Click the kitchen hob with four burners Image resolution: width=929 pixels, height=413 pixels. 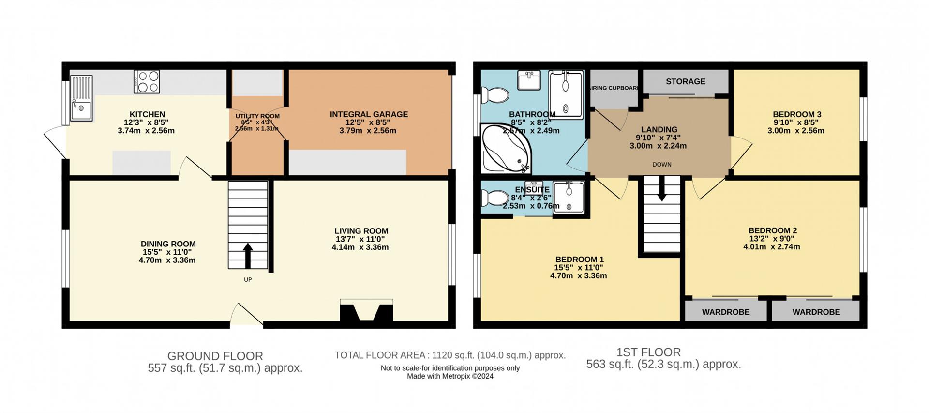147,81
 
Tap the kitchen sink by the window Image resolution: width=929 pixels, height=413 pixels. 81,98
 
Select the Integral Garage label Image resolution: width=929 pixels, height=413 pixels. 369,114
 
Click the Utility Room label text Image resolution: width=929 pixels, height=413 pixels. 257,116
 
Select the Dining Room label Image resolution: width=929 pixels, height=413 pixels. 168,244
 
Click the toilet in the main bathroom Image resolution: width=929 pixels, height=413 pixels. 494,95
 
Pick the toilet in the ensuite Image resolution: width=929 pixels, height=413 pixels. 494,198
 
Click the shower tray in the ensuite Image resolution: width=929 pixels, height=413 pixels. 569,197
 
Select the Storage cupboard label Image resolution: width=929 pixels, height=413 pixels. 685,81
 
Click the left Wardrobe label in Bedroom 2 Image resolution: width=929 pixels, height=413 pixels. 726,312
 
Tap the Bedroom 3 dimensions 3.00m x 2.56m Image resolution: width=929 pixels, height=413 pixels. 796,130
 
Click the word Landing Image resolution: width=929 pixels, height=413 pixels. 659,129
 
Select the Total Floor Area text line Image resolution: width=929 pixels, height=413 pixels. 450,355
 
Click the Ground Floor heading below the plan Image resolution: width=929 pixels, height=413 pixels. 215,356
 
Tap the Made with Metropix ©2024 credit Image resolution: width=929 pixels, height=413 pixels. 450,376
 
